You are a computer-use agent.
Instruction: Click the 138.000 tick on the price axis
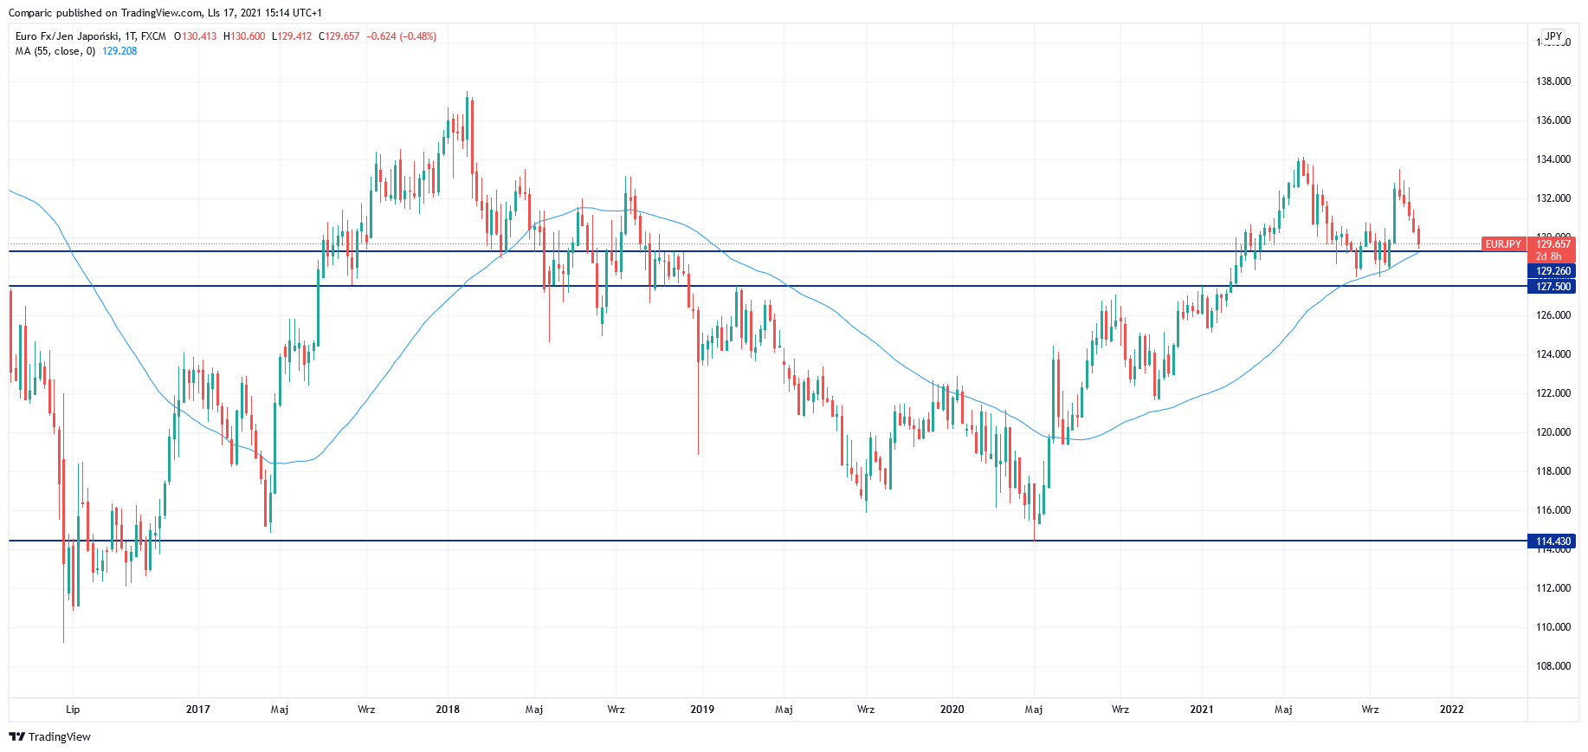[x=1552, y=81]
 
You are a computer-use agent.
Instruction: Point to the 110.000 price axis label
[x=1552, y=627]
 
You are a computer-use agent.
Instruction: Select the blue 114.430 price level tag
[x=1552, y=541]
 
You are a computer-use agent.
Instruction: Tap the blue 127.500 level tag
[x=1552, y=287]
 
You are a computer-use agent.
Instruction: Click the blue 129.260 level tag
[x=1552, y=271]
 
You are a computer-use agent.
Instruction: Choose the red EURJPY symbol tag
[x=1503, y=244]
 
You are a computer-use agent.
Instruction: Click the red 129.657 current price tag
[x=1553, y=244]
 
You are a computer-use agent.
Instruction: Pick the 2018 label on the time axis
[x=448, y=710]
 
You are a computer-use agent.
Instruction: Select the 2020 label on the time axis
[x=952, y=710]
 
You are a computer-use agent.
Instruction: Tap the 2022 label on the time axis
[x=1451, y=710]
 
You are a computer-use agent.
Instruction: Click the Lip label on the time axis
[x=73, y=710]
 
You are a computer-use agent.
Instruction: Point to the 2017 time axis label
[x=197, y=710]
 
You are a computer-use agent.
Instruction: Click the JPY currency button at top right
[x=1553, y=36]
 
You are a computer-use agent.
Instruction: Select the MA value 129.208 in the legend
[x=119, y=51]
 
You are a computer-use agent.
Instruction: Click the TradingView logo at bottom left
[x=50, y=736]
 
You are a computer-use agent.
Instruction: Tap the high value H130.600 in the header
[x=244, y=36]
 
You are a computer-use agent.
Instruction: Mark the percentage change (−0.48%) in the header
[x=418, y=36]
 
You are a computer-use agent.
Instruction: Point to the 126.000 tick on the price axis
[x=1552, y=315]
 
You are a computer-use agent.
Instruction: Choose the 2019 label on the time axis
[x=702, y=710]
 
